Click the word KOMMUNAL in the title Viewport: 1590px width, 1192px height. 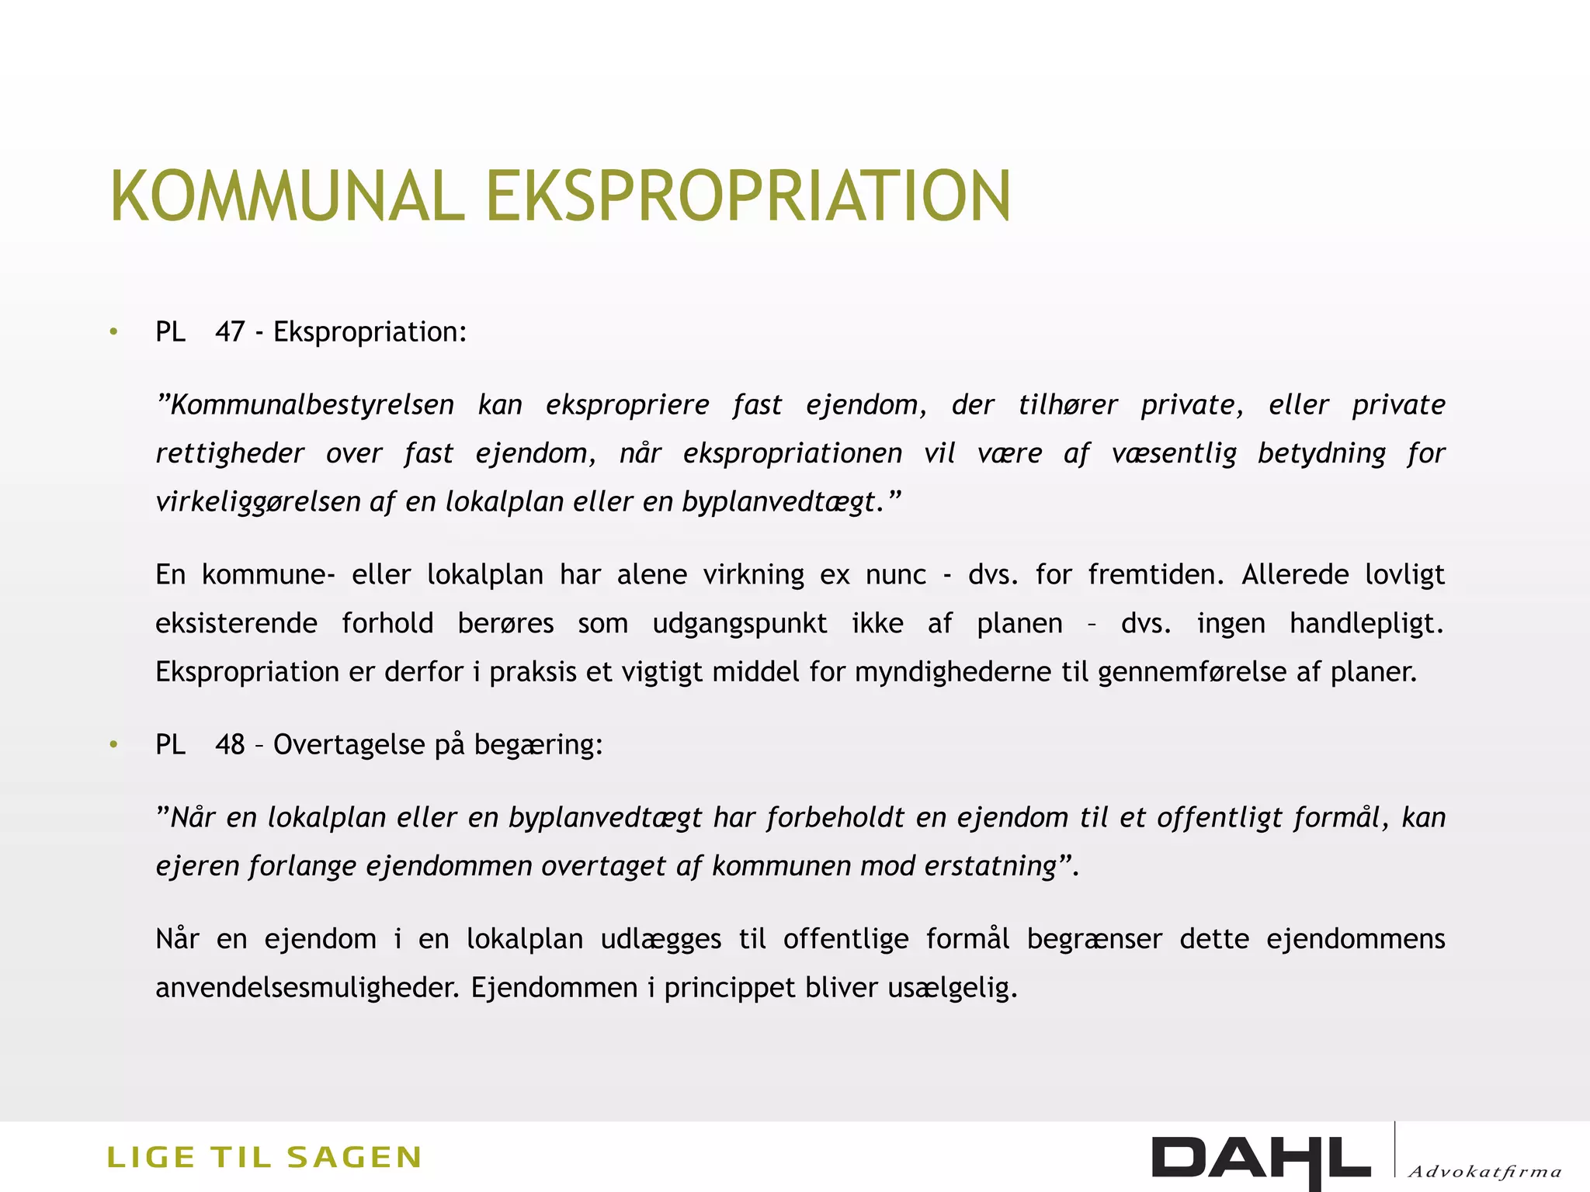point(287,196)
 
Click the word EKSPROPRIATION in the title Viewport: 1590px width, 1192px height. point(748,196)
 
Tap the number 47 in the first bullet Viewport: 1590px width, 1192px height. point(230,332)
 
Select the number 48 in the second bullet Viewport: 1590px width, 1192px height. point(230,745)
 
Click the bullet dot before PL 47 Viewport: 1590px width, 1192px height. point(114,333)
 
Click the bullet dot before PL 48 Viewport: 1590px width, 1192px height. point(114,746)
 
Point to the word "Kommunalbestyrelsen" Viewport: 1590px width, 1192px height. point(306,405)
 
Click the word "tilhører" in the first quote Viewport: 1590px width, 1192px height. point(1068,405)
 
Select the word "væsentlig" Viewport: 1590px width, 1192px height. point(1174,454)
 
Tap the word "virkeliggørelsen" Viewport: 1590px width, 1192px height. point(256,503)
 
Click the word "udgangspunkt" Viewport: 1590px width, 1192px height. point(740,624)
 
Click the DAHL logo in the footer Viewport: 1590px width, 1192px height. point(1261,1159)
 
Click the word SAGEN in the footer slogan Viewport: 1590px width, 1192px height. point(354,1157)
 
